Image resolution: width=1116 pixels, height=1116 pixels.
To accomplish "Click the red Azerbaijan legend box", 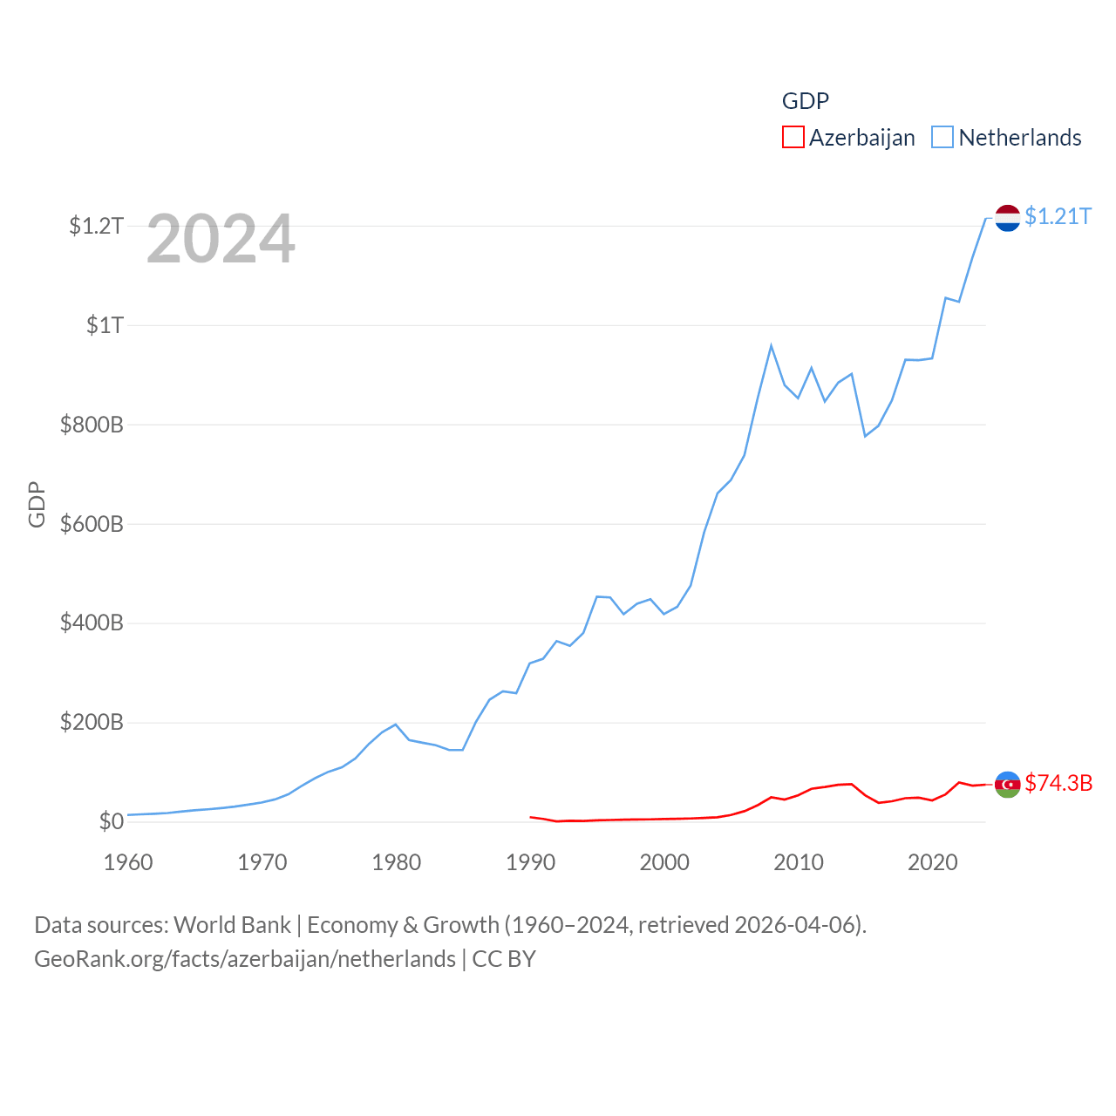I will point(793,137).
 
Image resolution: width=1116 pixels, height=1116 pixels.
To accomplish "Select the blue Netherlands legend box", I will point(942,137).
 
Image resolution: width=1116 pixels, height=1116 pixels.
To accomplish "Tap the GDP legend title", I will point(805,101).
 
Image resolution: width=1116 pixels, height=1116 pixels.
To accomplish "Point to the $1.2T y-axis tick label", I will point(96,226).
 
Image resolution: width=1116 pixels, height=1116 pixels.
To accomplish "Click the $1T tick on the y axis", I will point(105,325).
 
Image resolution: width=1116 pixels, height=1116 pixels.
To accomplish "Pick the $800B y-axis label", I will point(92,425).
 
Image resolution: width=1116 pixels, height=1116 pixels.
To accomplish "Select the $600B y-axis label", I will point(92,524).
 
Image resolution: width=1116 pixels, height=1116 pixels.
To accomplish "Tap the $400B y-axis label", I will point(92,623).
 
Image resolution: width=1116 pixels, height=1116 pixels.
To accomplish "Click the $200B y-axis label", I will point(92,722).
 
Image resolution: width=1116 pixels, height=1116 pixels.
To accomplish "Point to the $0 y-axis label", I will point(111,821).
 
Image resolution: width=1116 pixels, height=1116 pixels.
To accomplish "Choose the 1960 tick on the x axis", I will point(128,862).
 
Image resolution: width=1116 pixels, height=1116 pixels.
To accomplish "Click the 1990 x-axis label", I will point(530,862).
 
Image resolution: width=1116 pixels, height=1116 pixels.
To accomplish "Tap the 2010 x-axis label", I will point(799,862).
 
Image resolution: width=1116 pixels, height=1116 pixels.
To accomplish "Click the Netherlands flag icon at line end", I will point(1007,218).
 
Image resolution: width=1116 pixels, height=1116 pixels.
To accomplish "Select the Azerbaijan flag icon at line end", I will point(1007,784).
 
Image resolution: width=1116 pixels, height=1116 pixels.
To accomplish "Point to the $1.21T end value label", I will point(1058,216).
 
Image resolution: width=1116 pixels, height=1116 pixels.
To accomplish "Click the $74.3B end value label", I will point(1058,783).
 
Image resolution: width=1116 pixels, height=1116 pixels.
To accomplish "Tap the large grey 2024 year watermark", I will point(221,239).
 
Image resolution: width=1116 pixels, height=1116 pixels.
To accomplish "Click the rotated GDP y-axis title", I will point(37,504).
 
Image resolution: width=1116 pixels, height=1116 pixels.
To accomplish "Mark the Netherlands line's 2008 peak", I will point(771,346).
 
